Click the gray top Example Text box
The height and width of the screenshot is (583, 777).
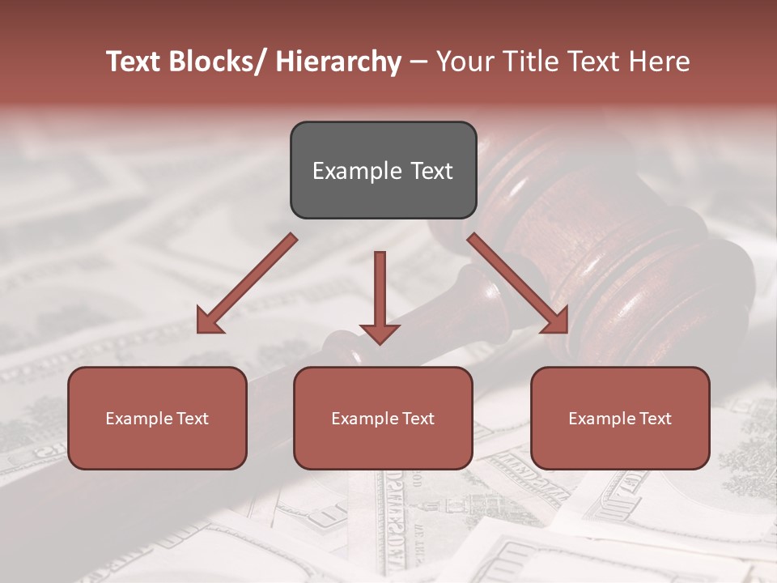(383, 170)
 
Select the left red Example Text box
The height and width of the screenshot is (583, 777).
(157, 418)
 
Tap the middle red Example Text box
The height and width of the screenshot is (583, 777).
(383, 418)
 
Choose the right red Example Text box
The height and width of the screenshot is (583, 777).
(620, 418)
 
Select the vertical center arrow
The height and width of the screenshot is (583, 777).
(380, 291)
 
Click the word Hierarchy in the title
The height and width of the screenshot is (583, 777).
(338, 62)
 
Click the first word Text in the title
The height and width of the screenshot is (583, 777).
(136, 62)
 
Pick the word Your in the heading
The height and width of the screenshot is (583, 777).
(466, 62)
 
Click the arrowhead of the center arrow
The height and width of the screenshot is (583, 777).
(380, 333)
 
